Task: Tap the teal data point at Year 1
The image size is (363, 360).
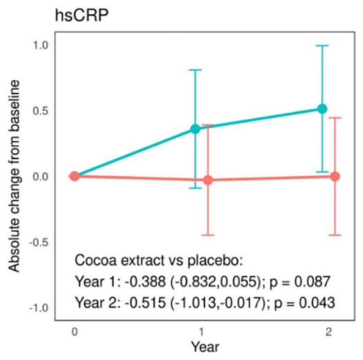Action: [x=196, y=129]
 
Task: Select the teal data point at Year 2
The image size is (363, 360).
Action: [x=322, y=109]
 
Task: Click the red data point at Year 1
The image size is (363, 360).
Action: [x=208, y=180]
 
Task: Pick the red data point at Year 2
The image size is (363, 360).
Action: [x=335, y=176]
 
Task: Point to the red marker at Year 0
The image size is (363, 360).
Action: [x=74, y=176]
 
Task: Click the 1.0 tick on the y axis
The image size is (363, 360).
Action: [x=43, y=45]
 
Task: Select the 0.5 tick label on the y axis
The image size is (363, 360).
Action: [x=43, y=110]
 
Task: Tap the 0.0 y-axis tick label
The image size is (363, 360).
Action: [x=43, y=176]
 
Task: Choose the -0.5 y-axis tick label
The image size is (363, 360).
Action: [x=41, y=242]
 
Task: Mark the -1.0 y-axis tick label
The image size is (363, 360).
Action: [x=41, y=308]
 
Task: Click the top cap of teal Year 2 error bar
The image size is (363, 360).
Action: [x=322, y=46]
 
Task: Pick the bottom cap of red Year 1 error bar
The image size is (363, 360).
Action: [x=208, y=235]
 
